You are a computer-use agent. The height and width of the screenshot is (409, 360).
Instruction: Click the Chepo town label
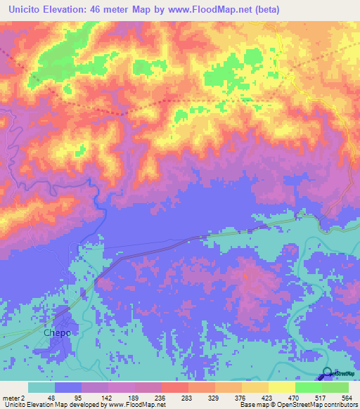[x=58, y=333]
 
